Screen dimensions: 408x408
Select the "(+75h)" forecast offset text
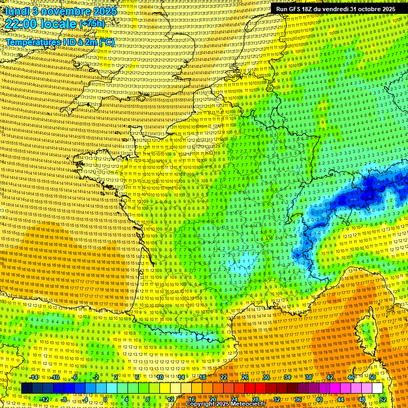pos(92,24)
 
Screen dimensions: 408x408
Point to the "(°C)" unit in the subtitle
pos(106,42)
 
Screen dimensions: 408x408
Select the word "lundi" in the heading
pos(14,11)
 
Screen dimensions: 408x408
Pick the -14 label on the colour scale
pos(33,377)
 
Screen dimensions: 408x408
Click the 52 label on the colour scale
pos(382,399)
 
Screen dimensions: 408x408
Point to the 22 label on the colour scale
pos(224,377)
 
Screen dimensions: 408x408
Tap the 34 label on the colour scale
pos(287,377)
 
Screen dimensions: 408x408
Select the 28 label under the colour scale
pos(255,399)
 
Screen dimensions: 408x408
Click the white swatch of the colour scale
pos(377,388)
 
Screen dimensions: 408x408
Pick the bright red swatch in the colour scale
pos(250,388)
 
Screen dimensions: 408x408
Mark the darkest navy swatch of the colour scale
pos(27,388)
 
